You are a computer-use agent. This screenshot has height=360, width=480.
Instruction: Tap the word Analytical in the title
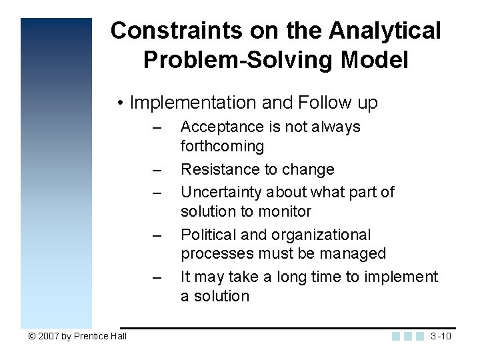pyautogui.click(x=385, y=31)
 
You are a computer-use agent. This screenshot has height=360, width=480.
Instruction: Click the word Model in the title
pyautogui.click(x=374, y=60)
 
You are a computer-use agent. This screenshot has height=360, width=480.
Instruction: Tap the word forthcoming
pyautogui.click(x=222, y=146)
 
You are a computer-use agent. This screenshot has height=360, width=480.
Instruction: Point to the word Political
pyautogui.click(x=209, y=235)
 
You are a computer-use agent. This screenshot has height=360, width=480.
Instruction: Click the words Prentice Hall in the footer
pyautogui.click(x=100, y=336)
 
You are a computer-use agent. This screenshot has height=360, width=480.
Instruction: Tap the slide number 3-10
pyautogui.click(x=441, y=335)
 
